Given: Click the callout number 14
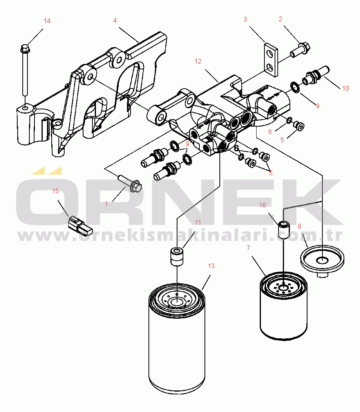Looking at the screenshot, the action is [x=47, y=21].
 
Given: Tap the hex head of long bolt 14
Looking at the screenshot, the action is [x=25, y=48].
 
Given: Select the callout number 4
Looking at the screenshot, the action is [x=115, y=20].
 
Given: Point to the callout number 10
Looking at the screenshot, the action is [x=346, y=88].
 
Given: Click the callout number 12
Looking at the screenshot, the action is [x=198, y=61].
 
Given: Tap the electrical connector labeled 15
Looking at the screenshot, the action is [x=80, y=226].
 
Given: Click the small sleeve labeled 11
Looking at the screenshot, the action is [x=176, y=256].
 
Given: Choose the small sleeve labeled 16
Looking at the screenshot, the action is [x=284, y=230].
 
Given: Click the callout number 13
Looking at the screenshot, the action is [x=211, y=266].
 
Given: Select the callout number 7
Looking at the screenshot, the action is [x=248, y=248].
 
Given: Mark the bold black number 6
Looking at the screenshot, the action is [x=236, y=149].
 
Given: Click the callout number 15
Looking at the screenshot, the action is [x=55, y=191].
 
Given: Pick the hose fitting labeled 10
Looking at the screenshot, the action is [x=316, y=75].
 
